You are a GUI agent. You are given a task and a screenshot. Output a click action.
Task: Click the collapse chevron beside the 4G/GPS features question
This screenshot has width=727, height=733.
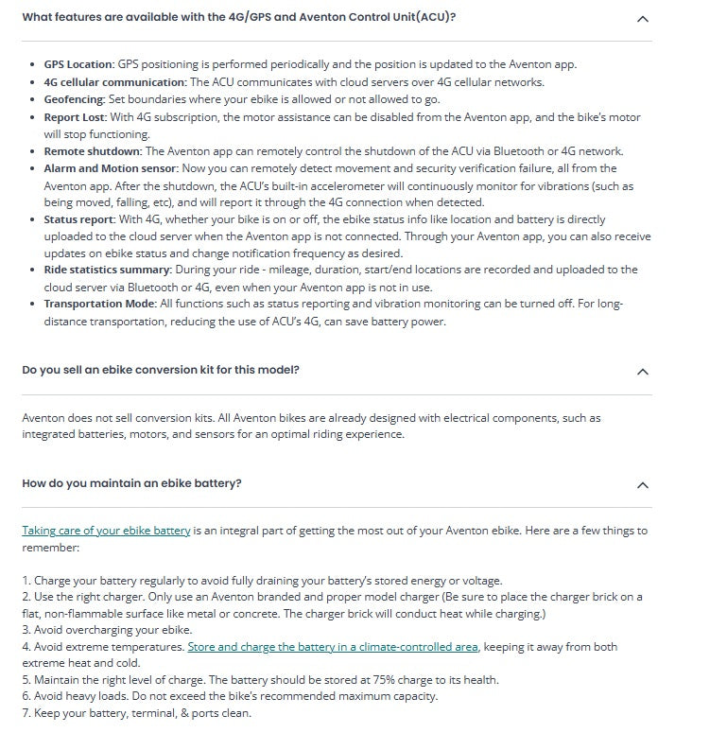tap(643, 18)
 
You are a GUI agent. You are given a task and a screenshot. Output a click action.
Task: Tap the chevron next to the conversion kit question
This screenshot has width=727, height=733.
tap(643, 371)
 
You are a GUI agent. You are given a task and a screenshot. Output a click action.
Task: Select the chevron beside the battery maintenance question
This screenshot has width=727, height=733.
tap(643, 484)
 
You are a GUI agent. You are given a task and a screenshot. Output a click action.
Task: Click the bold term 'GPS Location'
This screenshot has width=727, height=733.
tap(78, 64)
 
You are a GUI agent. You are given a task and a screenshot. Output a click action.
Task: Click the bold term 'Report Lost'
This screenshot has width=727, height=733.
tap(76, 117)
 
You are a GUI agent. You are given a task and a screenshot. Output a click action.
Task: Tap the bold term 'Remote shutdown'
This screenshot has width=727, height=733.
tap(92, 151)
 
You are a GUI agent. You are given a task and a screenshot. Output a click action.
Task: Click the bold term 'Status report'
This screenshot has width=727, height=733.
tap(79, 220)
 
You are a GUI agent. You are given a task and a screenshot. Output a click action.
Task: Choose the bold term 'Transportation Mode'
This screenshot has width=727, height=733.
tap(98, 304)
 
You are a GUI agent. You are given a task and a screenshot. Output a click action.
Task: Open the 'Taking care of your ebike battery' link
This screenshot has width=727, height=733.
tap(106, 531)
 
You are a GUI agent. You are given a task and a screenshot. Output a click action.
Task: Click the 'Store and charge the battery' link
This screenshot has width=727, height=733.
tap(333, 647)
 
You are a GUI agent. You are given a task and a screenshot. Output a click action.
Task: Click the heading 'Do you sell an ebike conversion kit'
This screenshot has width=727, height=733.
tap(161, 370)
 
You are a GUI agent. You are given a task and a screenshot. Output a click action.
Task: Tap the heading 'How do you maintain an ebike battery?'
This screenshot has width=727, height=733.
tap(131, 483)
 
